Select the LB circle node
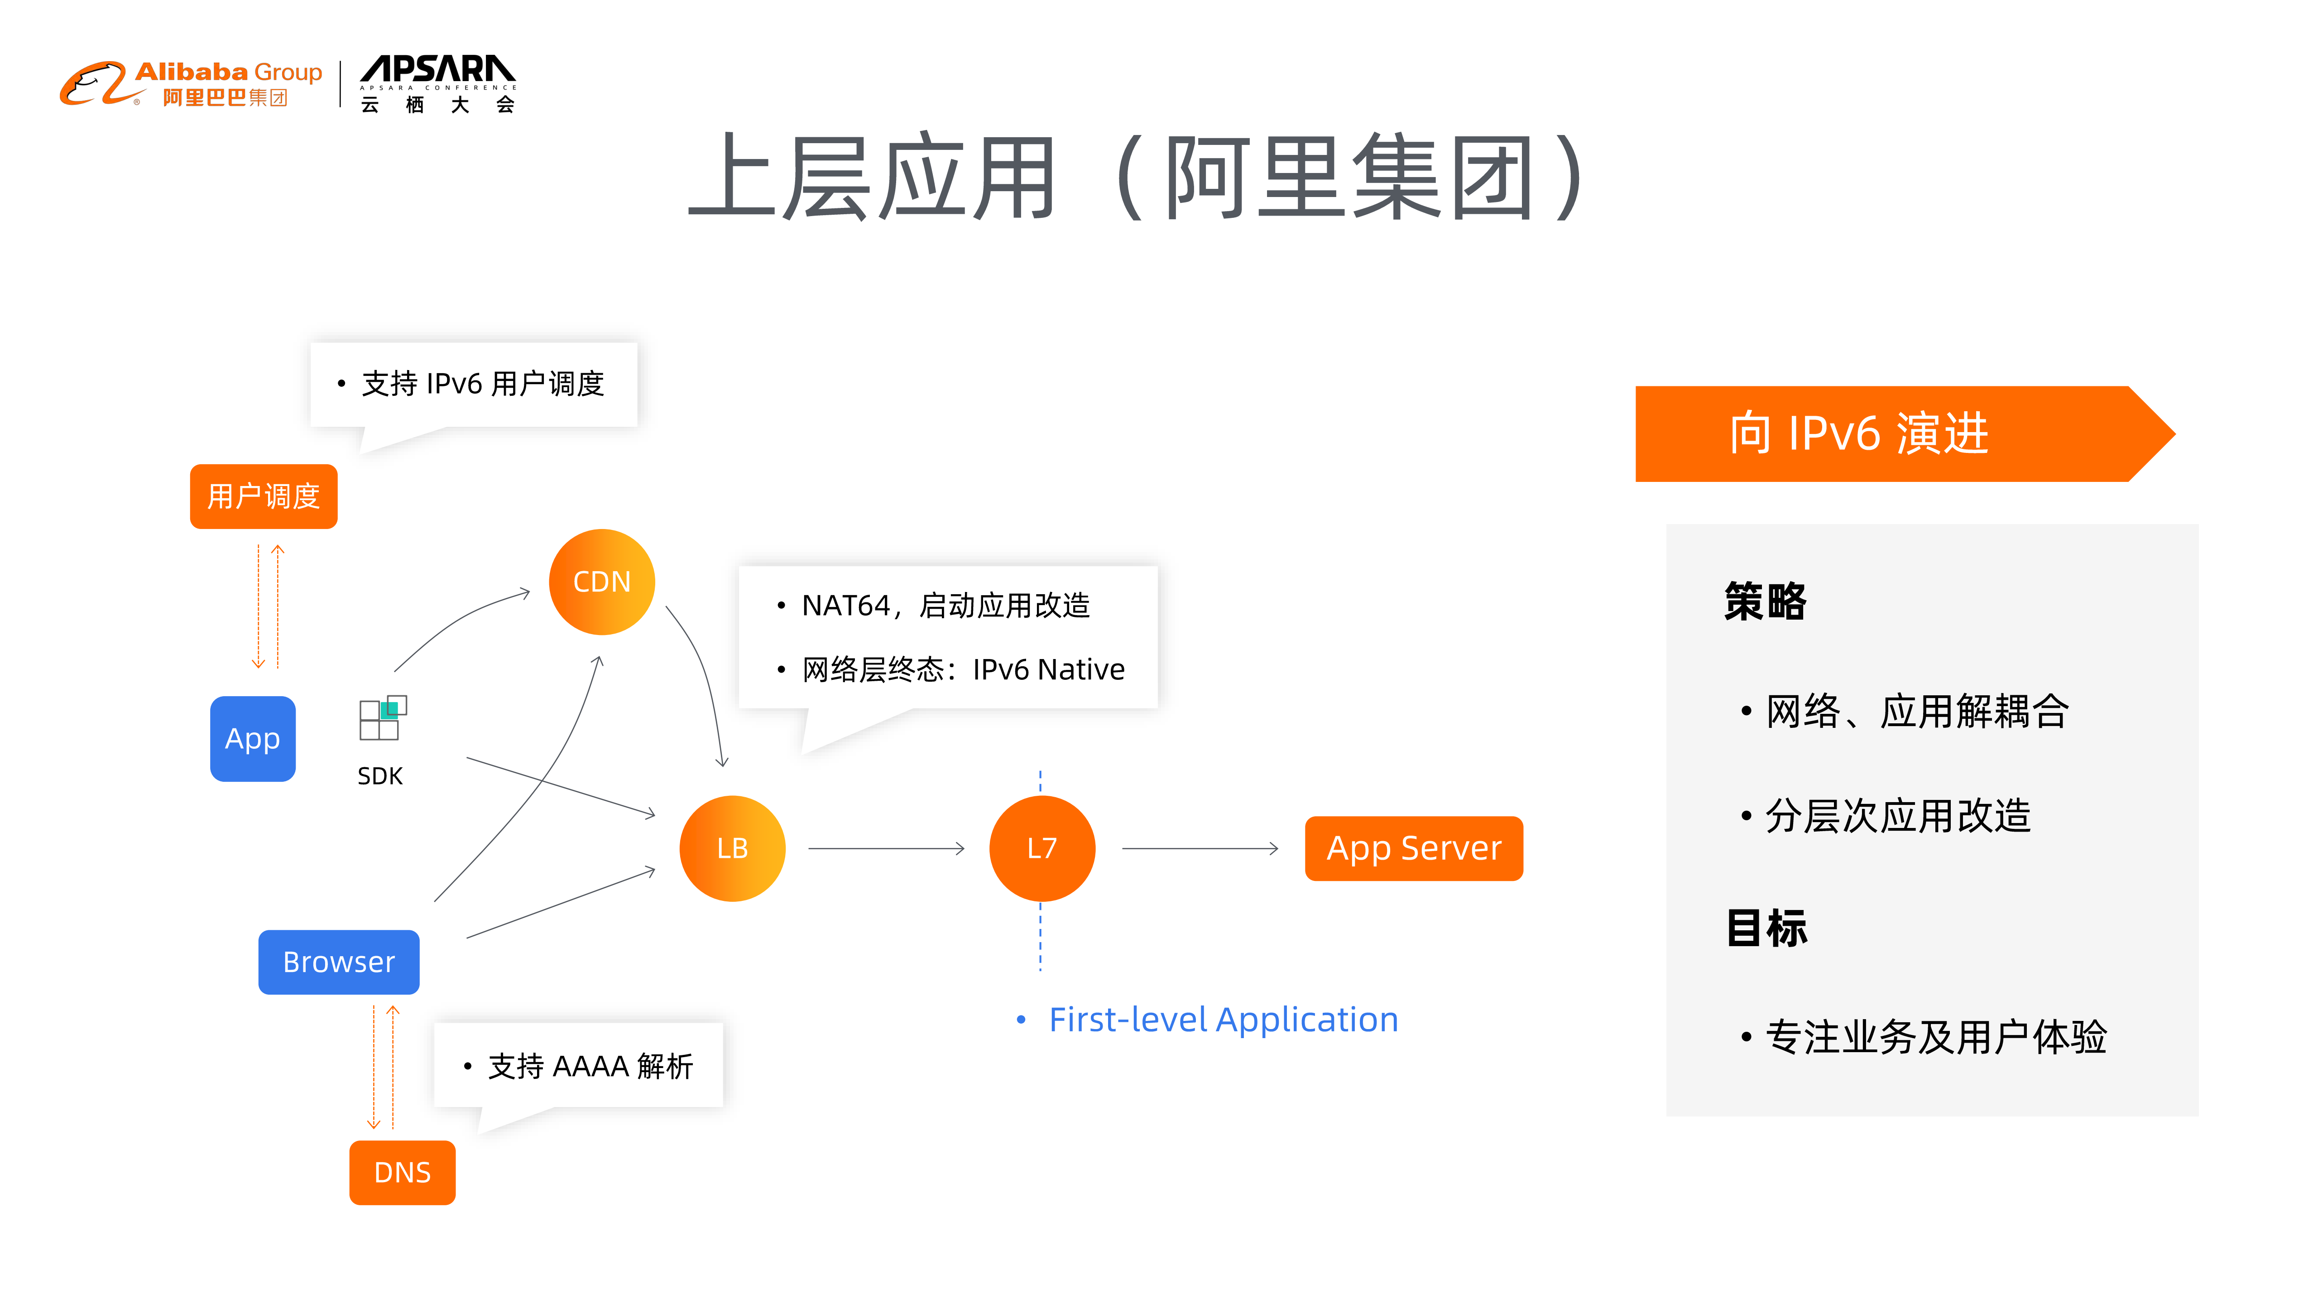click(732, 848)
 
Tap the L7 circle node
click(1041, 848)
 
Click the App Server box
click(1413, 848)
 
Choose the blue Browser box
click(338, 961)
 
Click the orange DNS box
click(402, 1172)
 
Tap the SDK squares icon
click(383, 718)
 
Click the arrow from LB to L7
click(886, 848)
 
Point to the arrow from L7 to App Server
click(1200, 848)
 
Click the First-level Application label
click(1222, 1020)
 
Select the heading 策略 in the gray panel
click(1765, 601)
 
